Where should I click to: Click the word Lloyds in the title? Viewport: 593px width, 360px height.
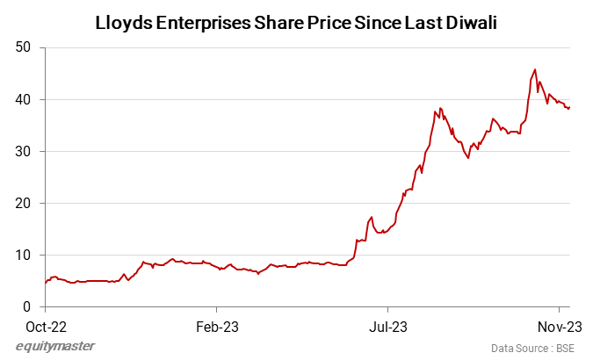pyautogui.click(x=123, y=23)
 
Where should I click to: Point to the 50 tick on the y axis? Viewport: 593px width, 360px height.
pyautogui.click(x=25, y=47)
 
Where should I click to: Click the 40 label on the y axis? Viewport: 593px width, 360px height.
pyautogui.click(x=25, y=99)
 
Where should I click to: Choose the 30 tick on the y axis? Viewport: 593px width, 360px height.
pyautogui.click(x=25, y=151)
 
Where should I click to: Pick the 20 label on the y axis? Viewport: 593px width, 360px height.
pyautogui.click(x=25, y=203)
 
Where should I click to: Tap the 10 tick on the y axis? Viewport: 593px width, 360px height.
pyautogui.click(x=25, y=255)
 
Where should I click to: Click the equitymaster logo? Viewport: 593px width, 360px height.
pyautogui.click(x=55, y=346)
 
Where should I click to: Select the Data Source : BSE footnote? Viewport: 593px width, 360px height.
pyautogui.click(x=533, y=348)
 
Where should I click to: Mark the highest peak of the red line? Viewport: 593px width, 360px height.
pyautogui.click(x=535, y=70)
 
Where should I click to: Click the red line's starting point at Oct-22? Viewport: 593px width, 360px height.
pyautogui.click(x=45, y=283)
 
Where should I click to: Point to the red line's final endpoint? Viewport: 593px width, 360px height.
pyautogui.click(x=570, y=107)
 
